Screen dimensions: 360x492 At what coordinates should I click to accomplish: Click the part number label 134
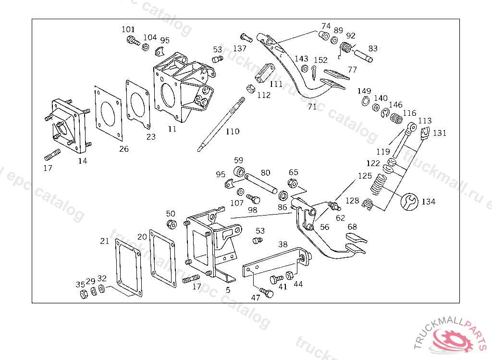(429, 202)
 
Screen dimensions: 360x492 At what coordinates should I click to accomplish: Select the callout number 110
(233, 131)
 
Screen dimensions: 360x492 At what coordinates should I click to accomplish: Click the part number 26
(124, 149)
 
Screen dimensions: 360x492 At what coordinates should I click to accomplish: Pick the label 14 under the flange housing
(83, 161)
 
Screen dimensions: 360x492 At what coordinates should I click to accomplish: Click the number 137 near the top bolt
(240, 48)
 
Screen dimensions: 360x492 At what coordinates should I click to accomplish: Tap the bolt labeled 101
(130, 42)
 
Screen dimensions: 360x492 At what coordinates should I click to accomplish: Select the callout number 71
(312, 107)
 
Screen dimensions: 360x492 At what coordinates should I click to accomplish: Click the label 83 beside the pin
(373, 48)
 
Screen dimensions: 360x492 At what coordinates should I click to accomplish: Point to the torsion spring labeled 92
(345, 48)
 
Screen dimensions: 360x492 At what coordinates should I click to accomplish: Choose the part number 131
(440, 133)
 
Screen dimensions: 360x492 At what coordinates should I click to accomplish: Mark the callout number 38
(283, 244)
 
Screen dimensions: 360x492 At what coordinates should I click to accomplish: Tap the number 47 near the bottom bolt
(256, 298)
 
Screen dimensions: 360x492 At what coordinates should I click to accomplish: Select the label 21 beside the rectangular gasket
(105, 240)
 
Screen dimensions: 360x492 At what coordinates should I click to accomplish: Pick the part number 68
(352, 227)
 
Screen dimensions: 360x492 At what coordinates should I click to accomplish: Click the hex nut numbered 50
(171, 224)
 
